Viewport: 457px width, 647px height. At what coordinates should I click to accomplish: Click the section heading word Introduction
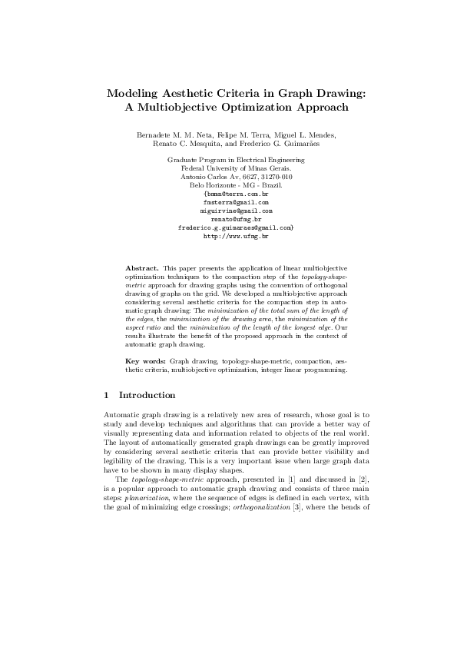[147, 396]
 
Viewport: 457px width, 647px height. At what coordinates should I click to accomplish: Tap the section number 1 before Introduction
[105, 396]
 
